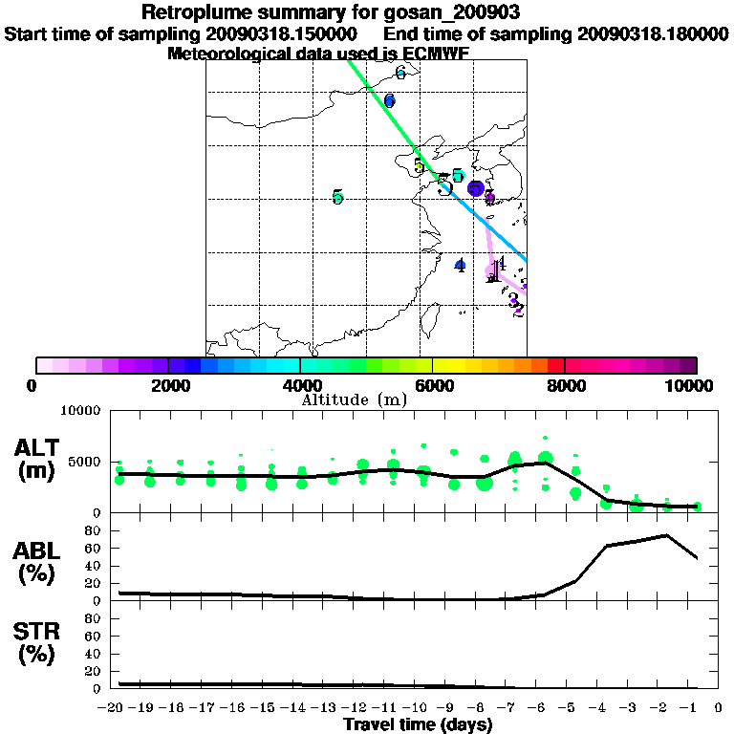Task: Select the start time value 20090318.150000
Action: point(279,33)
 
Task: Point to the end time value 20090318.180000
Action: point(652,33)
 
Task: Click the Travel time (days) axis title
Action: point(418,725)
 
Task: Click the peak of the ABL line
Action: point(666,535)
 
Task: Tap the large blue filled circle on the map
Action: point(476,188)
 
